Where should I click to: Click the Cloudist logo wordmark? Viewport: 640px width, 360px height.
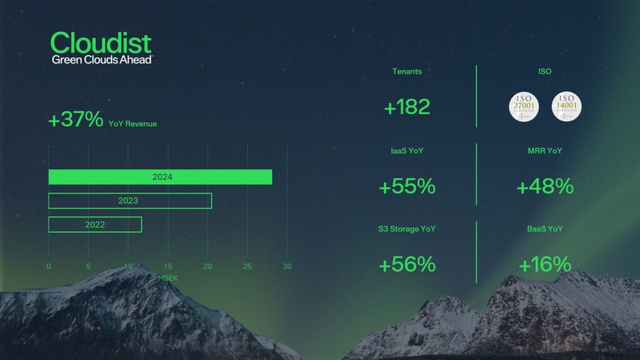pos(101,43)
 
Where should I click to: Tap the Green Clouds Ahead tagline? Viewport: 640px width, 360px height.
pos(102,60)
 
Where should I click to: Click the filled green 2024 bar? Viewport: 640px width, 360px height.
pos(160,177)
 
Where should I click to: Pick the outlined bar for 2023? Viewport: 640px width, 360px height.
pos(129,201)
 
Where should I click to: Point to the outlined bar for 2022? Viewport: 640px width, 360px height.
pos(95,224)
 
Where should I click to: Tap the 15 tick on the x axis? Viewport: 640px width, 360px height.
pos(167,267)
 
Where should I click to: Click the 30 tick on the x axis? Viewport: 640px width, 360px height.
pos(287,267)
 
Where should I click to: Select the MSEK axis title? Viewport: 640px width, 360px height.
pos(167,277)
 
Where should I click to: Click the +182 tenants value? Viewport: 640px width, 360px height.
pos(407,107)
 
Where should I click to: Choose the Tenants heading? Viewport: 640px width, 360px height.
pos(407,71)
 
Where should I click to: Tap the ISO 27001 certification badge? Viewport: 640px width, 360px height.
pos(523,106)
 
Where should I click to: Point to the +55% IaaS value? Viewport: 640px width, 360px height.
pos(407,186)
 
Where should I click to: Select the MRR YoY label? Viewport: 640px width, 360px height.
pos(545,151)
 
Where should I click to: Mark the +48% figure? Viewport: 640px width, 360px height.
pos(545,186)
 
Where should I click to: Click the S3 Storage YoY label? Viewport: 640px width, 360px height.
pos(407,229)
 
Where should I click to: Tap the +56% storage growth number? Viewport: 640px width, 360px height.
pos(407,264)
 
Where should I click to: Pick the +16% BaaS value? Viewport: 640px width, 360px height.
pos(545,264)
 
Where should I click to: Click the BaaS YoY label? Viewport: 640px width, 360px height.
pos(545,229)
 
